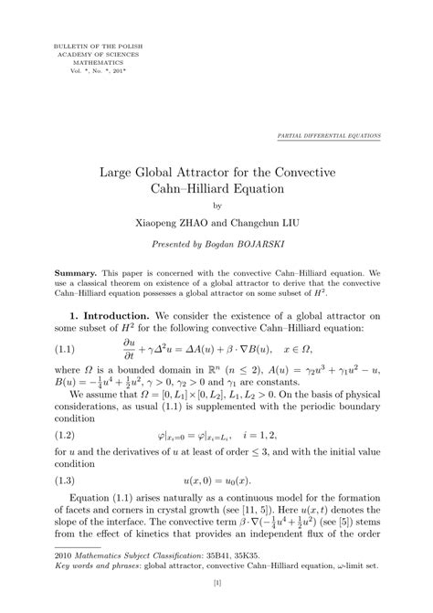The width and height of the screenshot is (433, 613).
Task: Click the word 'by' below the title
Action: (216, 206)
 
